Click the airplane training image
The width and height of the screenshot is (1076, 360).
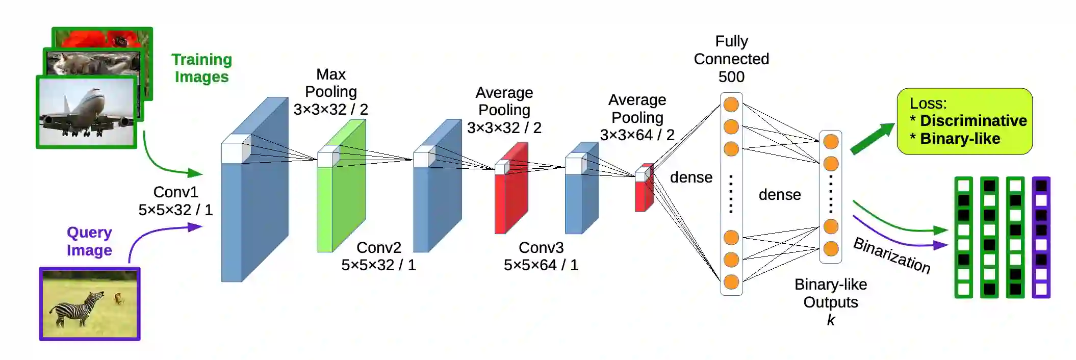[x=87, y=112]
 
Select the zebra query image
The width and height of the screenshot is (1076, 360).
[x=90, y=304]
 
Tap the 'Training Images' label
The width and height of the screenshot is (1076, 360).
[x=201, y=68]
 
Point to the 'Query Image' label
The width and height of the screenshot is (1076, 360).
[x=89, y=241]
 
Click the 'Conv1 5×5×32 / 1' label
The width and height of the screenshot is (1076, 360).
[x=175, y=201]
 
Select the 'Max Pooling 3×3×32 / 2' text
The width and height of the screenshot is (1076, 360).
[x=331, y=92]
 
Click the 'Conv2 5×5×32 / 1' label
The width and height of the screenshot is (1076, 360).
[x=378, y=256]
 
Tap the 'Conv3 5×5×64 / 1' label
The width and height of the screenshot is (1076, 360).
[x=541, y=256]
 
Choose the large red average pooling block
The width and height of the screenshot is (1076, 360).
[x=511, y=194]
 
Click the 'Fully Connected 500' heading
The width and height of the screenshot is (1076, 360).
[x=731, y=59]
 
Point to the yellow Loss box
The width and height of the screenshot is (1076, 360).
[x=964, y=121]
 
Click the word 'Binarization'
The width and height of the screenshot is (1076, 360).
[x=892, y=255]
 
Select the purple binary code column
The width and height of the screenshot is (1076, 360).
[x=1041, y=237]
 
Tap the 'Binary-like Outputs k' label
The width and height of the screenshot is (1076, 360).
[x=831, y=302]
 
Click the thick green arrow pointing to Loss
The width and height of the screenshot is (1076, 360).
[x=873, y=138]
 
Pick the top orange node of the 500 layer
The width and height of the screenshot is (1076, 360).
[x=731, y=105]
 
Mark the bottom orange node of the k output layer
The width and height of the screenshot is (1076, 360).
[x=831, y=249]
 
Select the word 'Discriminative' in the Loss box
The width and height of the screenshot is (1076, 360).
[x=973, y=121]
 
